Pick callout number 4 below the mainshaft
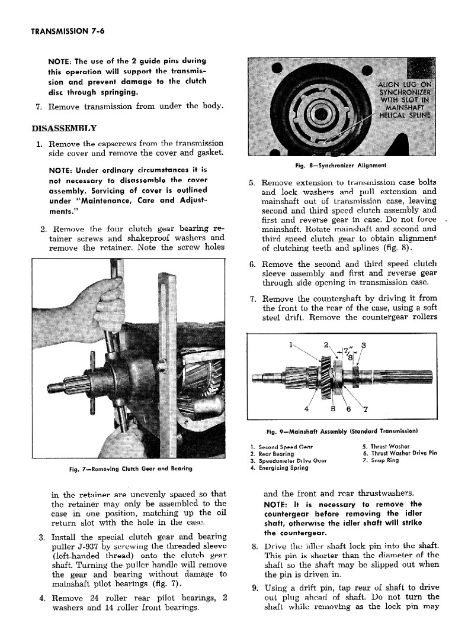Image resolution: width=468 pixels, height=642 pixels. (306, 408)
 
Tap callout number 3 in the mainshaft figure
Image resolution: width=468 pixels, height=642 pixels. (364, 345)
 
